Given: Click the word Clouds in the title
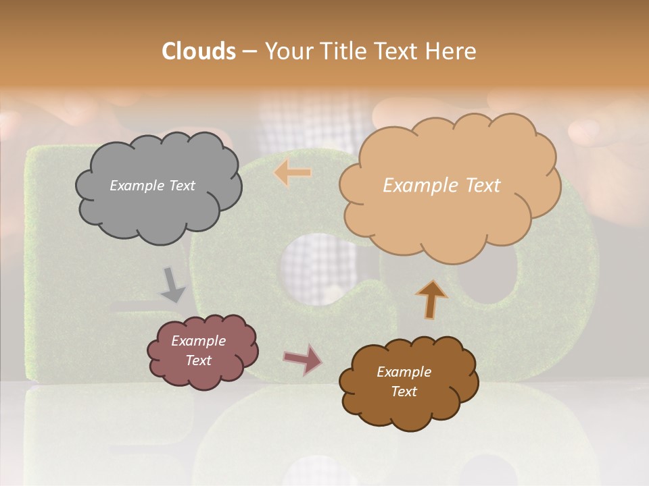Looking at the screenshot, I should tap(199, 51).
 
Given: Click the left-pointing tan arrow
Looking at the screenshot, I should tap(293, 173).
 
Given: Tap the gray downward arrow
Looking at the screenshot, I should tap(172, 284).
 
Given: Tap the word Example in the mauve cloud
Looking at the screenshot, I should tap(198, 341).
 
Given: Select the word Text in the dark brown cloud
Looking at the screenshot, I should tap(404, 391).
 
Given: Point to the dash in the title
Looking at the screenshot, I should tap(249, 51).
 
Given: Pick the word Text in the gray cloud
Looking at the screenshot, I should tap(183, 186).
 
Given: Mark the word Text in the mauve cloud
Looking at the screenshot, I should tap(198, 360).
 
